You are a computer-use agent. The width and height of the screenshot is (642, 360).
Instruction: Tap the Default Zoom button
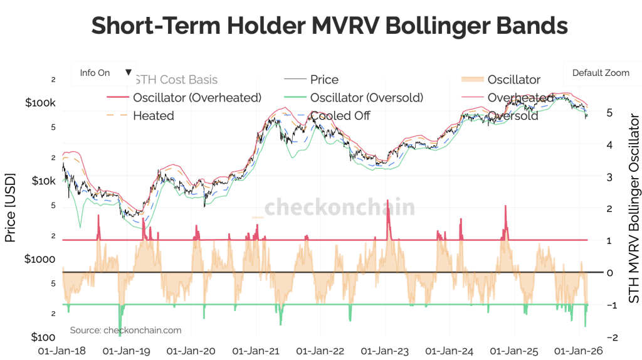coord(600,73)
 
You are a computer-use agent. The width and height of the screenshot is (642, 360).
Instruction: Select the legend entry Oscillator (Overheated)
coord(197,97)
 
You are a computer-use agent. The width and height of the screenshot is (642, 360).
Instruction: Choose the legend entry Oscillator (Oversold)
coord(367,97)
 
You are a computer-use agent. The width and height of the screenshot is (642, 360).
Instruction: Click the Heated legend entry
coord(154,116)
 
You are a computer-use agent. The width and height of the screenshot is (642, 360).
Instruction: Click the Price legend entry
coord(324,80)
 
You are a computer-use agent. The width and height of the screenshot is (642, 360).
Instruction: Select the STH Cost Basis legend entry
coord(176,80)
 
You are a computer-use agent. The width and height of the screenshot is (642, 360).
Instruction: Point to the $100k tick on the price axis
coord(41,103)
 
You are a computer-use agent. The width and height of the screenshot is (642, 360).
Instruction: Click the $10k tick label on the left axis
coord(43,181)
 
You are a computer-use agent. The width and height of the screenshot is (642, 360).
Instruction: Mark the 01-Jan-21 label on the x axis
coord(255,351)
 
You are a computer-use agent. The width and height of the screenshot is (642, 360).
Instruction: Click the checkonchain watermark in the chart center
coord(339,208)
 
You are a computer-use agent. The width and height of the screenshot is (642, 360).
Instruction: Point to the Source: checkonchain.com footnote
coord(125,330)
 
